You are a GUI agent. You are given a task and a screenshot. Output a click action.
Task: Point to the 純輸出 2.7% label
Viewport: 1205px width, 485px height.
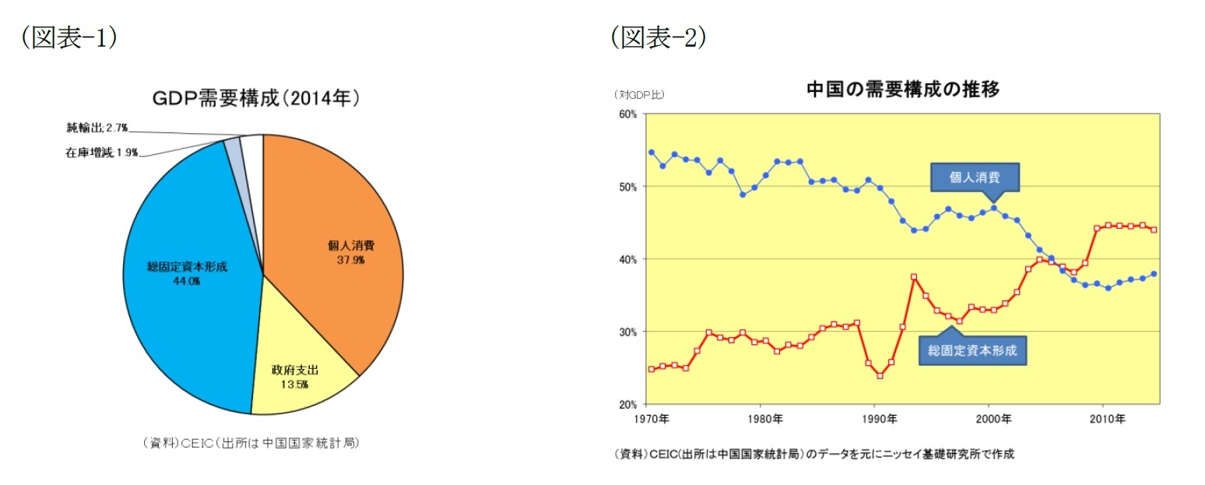click(97, 127)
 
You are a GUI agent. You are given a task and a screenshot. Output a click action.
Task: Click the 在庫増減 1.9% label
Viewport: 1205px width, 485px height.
click(101, 153)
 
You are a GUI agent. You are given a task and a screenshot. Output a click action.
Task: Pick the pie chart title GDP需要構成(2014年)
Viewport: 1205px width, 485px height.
click(255, 100)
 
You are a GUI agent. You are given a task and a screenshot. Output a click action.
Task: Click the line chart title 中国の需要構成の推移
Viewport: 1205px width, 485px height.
click(902, 90)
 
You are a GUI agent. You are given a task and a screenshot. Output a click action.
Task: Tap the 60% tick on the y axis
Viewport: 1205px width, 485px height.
click(627, 114)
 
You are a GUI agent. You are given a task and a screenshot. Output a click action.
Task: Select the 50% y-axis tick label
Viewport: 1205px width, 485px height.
click(627, 187)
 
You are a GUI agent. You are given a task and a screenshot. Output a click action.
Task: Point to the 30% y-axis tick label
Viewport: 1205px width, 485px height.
click(627, 332)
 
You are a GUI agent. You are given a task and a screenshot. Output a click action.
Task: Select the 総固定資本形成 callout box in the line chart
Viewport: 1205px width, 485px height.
click(972, 350)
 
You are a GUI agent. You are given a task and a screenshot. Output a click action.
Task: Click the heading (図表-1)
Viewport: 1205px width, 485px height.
click(69, 37)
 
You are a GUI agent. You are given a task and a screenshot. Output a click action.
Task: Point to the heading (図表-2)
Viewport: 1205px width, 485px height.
click(658, 37)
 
